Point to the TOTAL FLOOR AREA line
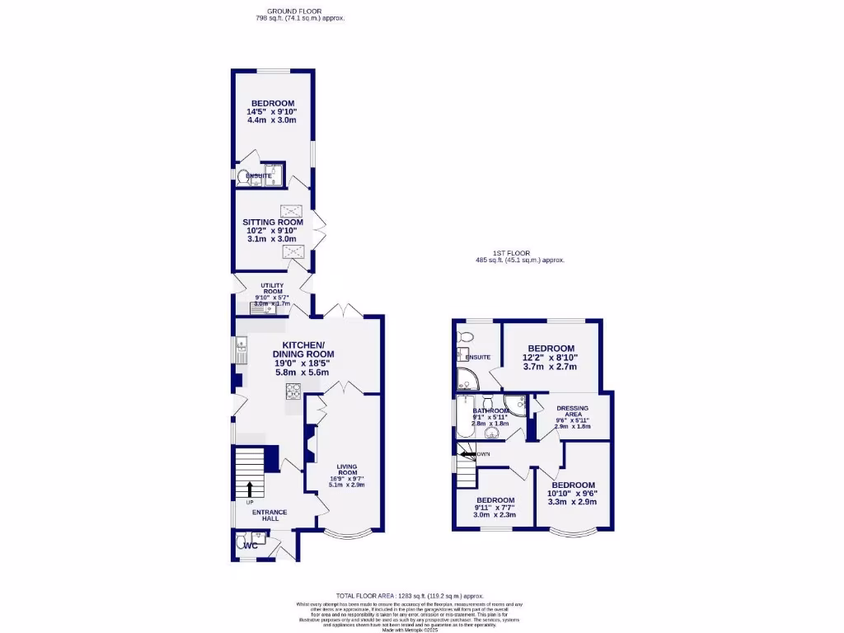[x=409, y=595]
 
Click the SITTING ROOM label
[x=272, y=222]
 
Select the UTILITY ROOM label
[x=272, y=288]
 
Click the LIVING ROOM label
[x=346, y=469]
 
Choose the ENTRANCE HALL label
[x=270, y=515]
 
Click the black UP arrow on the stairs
[x=250, y=489]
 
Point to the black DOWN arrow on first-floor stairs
[x=468, y=454]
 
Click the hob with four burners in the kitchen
[x=293, y=391]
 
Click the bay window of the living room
[x=345, y=534]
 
